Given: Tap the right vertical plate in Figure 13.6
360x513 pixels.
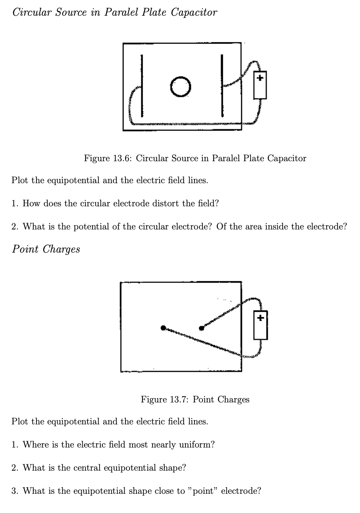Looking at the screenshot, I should (222, 86).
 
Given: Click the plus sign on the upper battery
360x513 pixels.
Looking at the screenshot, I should (260, 78).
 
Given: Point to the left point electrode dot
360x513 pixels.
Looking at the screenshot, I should (164, 328).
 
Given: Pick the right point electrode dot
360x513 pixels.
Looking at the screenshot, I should (202, 328).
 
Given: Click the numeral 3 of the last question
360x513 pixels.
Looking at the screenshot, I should (14, 491).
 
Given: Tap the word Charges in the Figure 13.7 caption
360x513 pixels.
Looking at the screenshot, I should (233, 400).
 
